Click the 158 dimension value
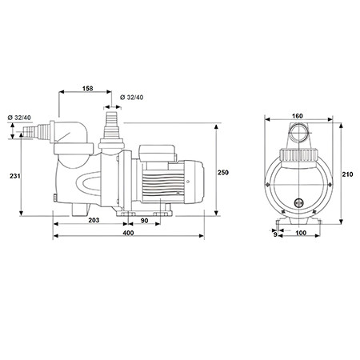pos(87,88)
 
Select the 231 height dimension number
pos(15,176)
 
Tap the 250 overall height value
pos(223,173)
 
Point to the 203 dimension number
pos(94,220)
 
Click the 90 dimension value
pos(144,221)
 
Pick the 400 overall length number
pos(128,233)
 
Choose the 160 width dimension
pos(298,116)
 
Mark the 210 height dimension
pos(347,174)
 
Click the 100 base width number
pos(301,233)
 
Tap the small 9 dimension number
pos(275,234)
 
